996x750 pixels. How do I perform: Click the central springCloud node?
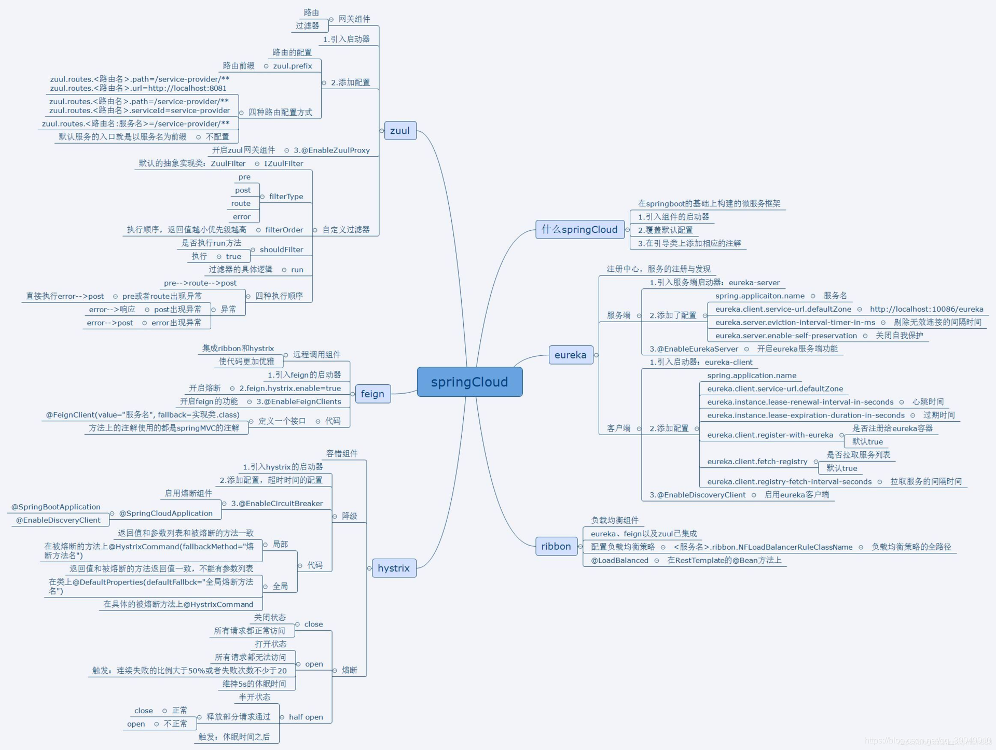click(x=469, y=382)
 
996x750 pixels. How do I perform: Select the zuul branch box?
click(x=400, y=131)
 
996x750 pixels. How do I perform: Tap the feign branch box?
click(x=372, y=394)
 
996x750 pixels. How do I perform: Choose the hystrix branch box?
click(x=394, y=568)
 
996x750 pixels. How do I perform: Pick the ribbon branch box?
click(x=556, y=546)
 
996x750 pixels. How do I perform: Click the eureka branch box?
click(x=570, y=355)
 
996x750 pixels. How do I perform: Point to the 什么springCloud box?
click(x=579, y=229)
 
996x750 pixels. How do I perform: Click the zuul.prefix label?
click(x=293, y=66)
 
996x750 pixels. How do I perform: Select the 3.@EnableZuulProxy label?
click(x=331, y=150)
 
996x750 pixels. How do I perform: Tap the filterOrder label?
click(x=284, y=230)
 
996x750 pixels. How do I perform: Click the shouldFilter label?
click(x=281, y=249)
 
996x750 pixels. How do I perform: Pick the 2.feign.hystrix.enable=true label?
click(x=290, y=388)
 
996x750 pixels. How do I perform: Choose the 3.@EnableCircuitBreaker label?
click(x=277, y=503)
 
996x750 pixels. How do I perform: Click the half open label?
click(x=306, y=717)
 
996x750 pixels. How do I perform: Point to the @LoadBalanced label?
click(x=619, y=560)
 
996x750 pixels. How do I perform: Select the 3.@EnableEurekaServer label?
click(x=694, y=349)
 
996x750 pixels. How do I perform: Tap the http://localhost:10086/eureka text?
click(x=926, y=309)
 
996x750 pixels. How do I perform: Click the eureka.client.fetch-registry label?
click(x=757, y=462)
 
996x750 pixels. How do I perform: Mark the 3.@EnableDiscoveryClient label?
click(x=697, y=495)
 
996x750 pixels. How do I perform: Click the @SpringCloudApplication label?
click(x=165, y=513)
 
